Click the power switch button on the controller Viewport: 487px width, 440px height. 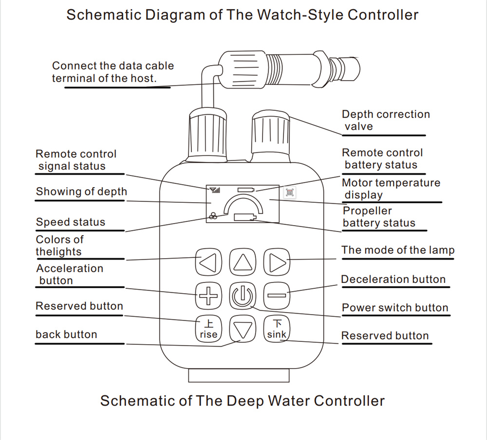[x=242, y=296]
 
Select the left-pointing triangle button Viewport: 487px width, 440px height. [x=208, y=263]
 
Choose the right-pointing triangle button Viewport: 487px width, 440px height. [x=277, y=263]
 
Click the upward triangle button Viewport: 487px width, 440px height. [x=242, y=263]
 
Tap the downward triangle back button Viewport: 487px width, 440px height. [x=242, y=330]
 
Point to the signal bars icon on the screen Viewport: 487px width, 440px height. [x=215, y=189]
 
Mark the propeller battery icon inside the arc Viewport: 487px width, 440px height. [x=244, y=217]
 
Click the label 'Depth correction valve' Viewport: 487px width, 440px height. [x=385, y=120]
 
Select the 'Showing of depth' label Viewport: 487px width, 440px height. [x=81, y=192]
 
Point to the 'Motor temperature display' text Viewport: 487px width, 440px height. [x=391, y=189]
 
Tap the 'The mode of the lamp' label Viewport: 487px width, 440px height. [x=398, y=250]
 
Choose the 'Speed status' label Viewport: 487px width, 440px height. [x=71, y=222]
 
